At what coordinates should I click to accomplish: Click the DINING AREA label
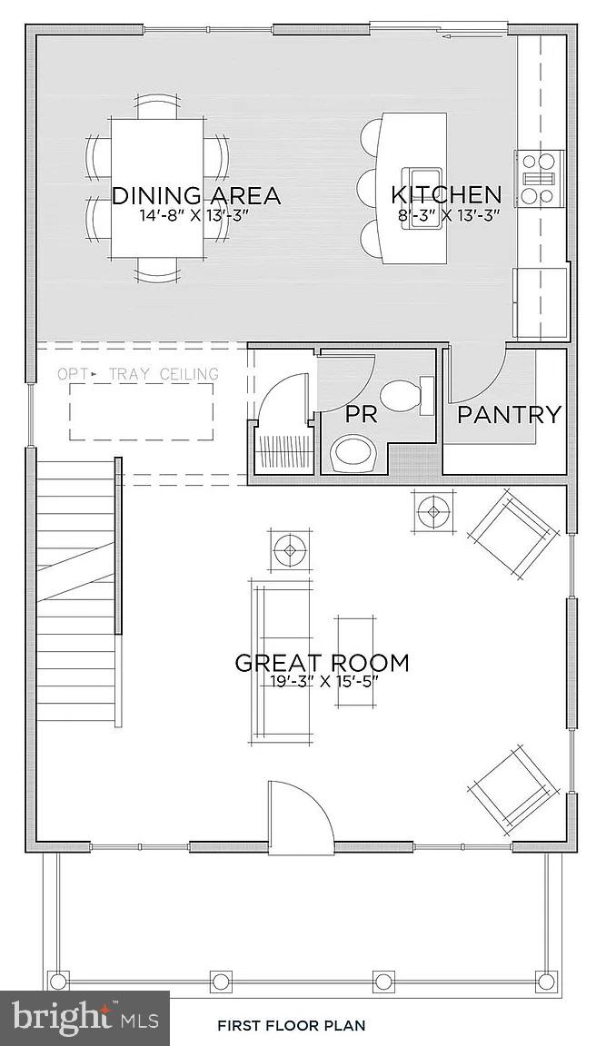click(x=195, y=195)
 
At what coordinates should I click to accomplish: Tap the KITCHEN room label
click(x=445, y=194)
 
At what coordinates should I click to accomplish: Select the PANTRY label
click(x=508, y=415)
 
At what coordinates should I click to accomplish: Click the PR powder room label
click(x=362, y=415)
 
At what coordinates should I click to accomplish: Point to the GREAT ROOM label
click(x=322, y=663)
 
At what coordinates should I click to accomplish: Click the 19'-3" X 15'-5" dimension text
click(x=322, y=683)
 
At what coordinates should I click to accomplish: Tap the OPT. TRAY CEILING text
click(x=138, y=374)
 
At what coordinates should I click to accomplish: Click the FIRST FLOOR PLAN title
click(x=291, y=1026)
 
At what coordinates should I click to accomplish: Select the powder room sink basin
click(x=353, y=451)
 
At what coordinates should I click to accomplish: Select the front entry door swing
click(x=300, y=813)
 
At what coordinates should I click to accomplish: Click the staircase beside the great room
click(x=77, y=590)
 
